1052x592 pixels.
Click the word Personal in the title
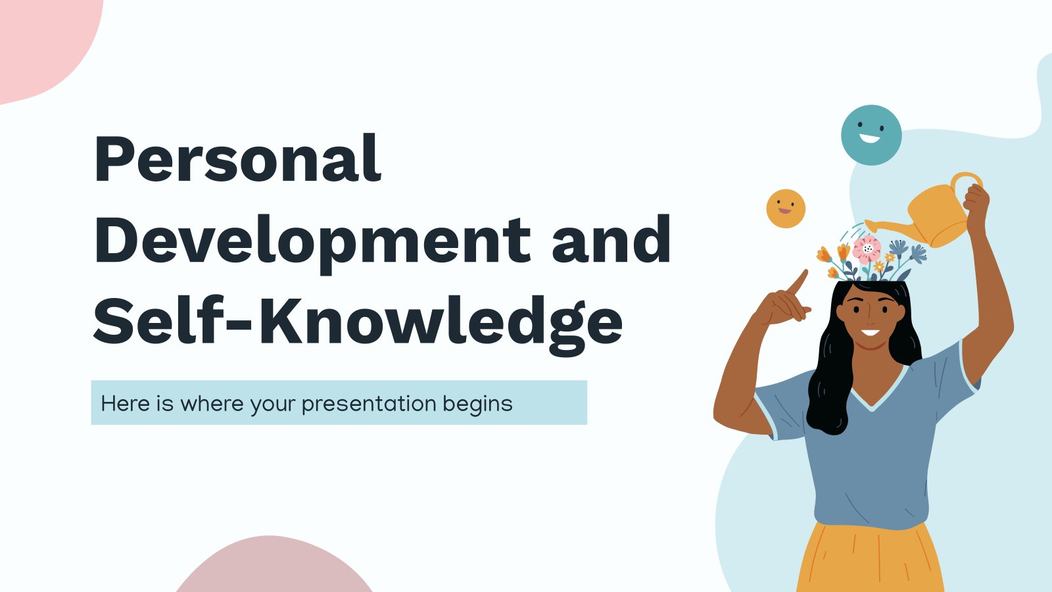click(237, 158)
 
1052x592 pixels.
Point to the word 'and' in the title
click(611, 239)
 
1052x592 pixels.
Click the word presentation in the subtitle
click(369, 404)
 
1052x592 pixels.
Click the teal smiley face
click(871, 135)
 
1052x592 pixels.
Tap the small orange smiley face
click(786, 209)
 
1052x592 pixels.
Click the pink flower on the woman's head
click(867, 249)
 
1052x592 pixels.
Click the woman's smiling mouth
click(871, 333)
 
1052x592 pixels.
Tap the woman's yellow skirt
click(871, 558)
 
